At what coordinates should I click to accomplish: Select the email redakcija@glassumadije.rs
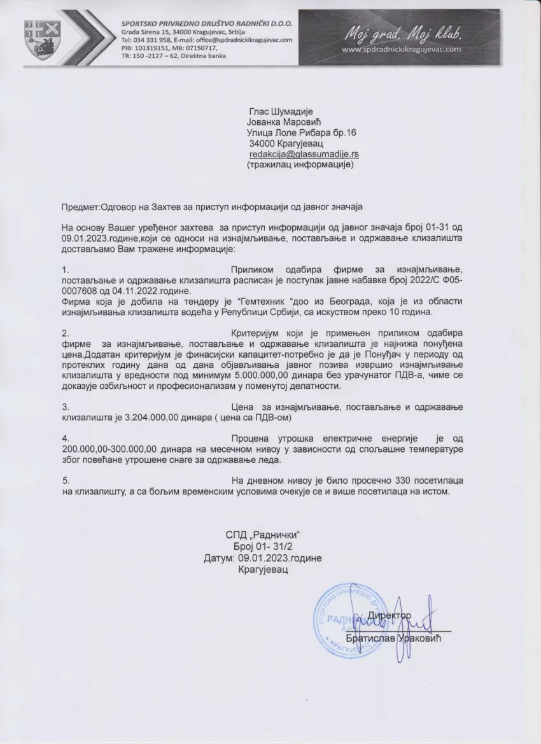pyautogui.click(x=304, y=154)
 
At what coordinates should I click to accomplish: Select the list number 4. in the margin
pyautogui.click(x=66, y=439)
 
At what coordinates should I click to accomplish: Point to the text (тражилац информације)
pyautogui.click(x=299, y=164)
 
